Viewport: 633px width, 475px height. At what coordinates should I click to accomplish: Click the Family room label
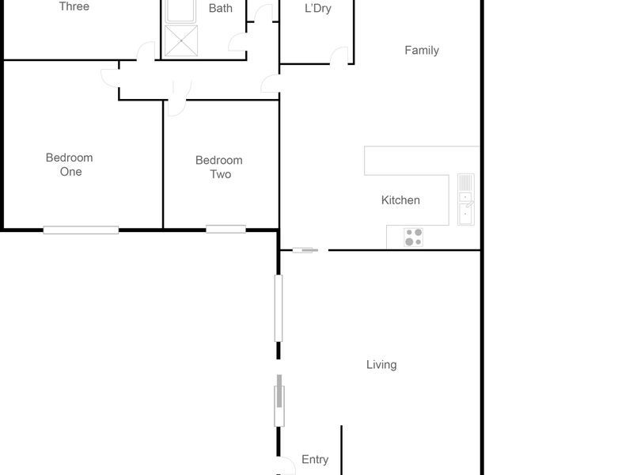coord(422,51)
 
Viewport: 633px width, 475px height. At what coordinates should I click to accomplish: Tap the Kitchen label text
coord(400,200)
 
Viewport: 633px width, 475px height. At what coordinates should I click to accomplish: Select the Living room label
coord(381,365)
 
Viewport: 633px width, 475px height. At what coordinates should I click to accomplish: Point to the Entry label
coord(315,460)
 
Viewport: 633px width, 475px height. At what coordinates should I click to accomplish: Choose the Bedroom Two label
coord(219,167)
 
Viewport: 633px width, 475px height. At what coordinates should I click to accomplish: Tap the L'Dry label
coord(317,9)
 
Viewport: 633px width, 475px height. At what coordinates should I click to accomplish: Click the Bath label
coord(221,9)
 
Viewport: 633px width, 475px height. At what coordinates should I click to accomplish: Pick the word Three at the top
coord(74,6)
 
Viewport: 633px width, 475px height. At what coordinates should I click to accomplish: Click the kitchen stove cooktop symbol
coord(414,237)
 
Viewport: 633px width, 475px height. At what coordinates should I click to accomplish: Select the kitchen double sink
coord(465,199)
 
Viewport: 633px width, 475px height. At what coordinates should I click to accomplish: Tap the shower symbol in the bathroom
coord(180,40)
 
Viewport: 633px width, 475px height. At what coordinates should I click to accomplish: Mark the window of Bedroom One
coord(81,230)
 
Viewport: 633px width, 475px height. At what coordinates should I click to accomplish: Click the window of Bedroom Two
coord(226,230)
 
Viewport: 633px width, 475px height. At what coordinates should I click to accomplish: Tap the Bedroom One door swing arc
coord(110,75)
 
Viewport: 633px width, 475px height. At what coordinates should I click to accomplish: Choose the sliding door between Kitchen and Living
coord(305,250)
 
